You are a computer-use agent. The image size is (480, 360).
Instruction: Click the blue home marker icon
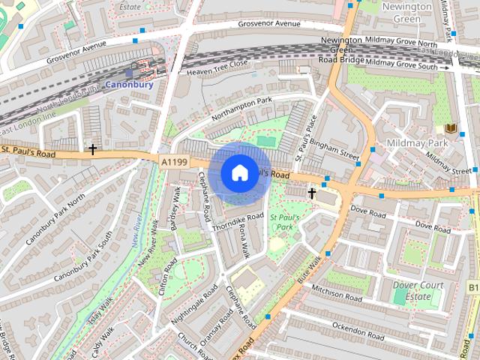[x=238, y=172]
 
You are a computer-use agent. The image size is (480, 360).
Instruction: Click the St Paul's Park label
[x=285, y=221]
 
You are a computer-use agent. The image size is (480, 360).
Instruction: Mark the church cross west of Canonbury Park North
[x=93, y=149]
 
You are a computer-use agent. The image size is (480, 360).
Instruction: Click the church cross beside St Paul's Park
[x=312, y=193]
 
